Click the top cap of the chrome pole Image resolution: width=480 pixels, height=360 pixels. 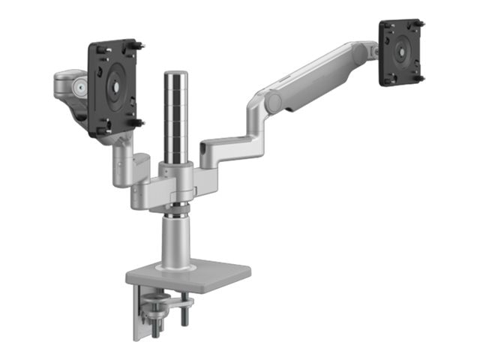[x=175, y=74]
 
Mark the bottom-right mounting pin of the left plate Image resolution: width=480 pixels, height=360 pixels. [x=138, y=123]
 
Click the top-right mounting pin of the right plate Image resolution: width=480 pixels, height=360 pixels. [x=421, y=25]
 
